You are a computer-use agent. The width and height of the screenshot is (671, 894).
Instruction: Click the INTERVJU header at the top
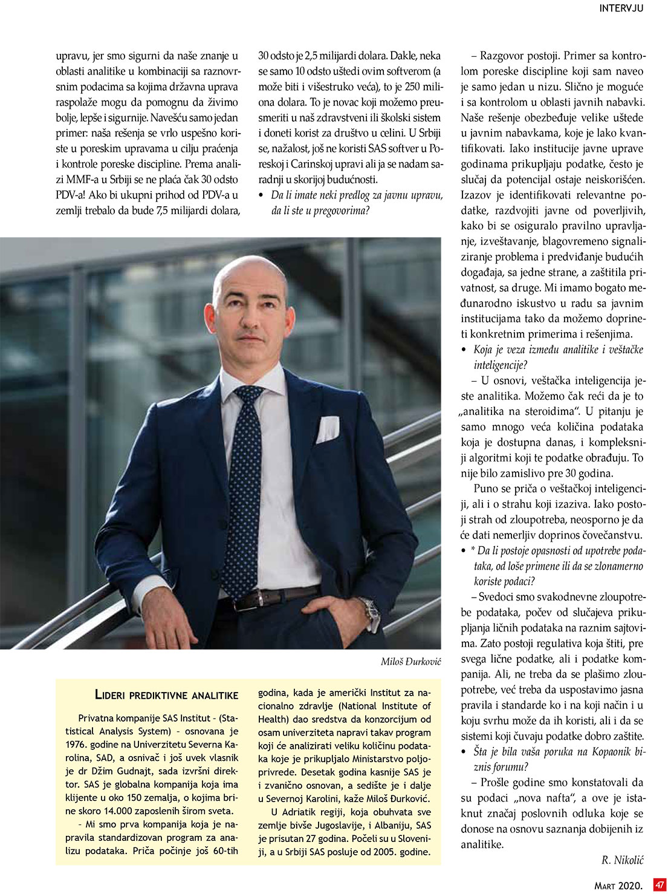(x=621, y=8)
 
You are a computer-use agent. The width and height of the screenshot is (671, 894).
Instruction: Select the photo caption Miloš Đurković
(x=411, y=662)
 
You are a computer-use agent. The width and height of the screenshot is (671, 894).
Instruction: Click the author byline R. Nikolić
(x=623, y=859)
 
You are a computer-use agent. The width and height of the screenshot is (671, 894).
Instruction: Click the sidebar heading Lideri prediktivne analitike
(x=167, y=696)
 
